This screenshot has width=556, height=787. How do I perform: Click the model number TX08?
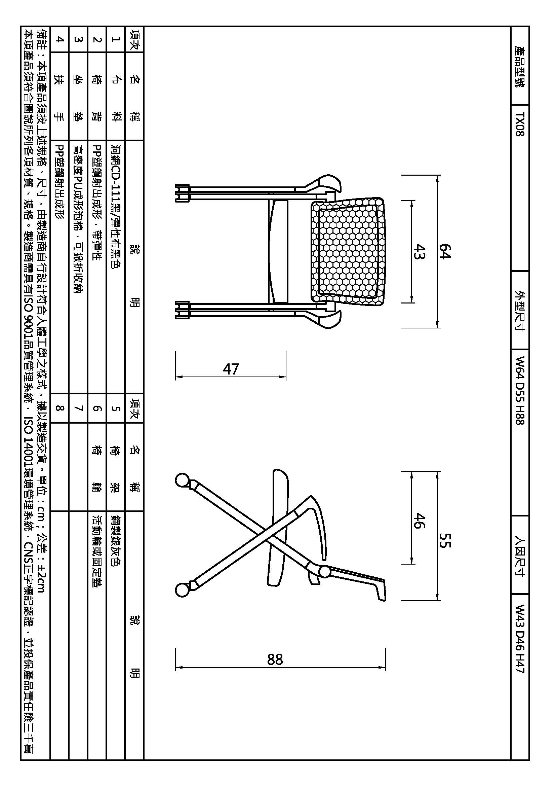(x=520, y=124)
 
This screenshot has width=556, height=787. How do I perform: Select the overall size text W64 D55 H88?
(x=520, y=390)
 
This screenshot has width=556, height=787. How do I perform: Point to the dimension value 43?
(x=419, y=251)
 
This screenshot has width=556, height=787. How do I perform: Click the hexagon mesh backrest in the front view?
(x=348, y=251)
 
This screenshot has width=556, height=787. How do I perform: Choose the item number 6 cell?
(x=97, y=408)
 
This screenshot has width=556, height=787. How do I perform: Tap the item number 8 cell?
(x=59, y=408)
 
